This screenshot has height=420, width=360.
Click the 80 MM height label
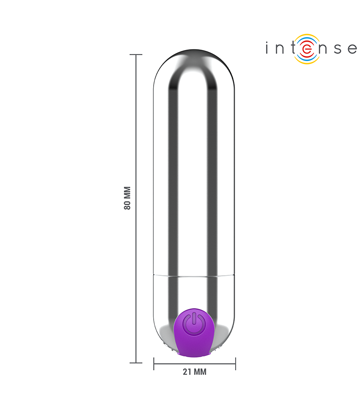(x=127, y=198)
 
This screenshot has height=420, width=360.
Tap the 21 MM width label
(x=194, y=372)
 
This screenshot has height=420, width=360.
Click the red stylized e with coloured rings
(x=307, y=49)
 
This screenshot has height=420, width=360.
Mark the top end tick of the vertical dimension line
(x=136, y=54)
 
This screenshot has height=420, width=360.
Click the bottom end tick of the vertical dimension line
(x=136, y=363)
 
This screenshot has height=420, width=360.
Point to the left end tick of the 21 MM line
(x=154, y=364)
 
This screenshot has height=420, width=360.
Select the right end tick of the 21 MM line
(x=235, y=364)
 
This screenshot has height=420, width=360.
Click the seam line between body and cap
(x=194, y=275)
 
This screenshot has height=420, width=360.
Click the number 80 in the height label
(x=127, y=204)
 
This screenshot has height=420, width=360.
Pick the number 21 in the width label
(x=187, y=372)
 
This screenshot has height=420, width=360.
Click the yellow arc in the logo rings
(x=307, y=61)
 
